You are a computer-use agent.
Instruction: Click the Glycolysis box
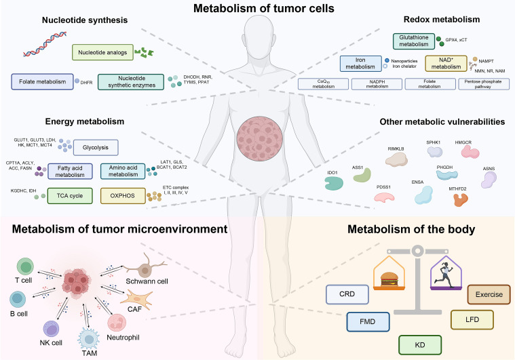tap(96, 148)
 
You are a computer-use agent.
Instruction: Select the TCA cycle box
tap(70, 196)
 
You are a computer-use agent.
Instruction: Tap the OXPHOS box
tap(123, 196)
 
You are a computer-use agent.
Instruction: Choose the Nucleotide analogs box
tap(102, 52)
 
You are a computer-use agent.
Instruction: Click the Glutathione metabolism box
tap(414, 41)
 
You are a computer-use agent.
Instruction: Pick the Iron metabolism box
tap(360, 63)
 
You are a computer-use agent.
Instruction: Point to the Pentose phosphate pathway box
tap(484, 84)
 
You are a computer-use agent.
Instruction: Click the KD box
tap(420, 345)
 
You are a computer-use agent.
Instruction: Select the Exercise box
tap(489, 294)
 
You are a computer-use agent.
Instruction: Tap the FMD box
tap(368, 321)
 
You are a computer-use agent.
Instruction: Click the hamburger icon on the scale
tap(389, 279)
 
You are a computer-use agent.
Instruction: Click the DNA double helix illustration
tap(45, 43)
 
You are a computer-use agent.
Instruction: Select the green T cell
tap(25, 266)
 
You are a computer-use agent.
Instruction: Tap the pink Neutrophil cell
tap(117, 323)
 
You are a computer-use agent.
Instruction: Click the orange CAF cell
tap(137, 300)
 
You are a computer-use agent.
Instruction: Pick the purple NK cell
tap(52, 329)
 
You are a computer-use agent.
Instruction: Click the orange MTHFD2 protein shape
tap(461, 199)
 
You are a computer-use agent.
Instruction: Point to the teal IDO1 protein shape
tap(334, 184)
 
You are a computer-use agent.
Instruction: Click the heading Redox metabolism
tap(442, 20)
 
